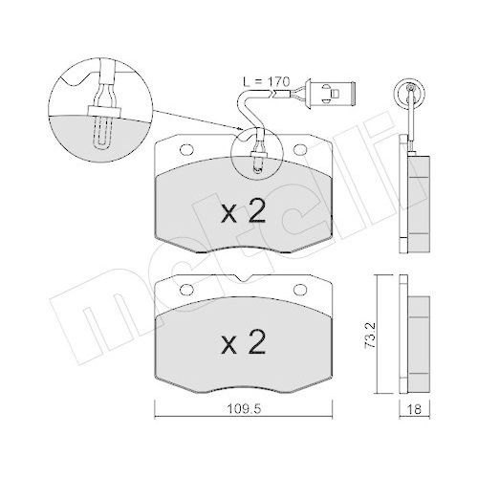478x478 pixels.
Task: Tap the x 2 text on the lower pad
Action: [x=243, y=339]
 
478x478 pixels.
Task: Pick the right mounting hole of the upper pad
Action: [x=302, y=150]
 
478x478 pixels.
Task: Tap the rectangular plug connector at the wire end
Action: [x=335, y=94]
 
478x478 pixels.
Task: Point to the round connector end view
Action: [x=412, y=93]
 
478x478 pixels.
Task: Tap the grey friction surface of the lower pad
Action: [x=191, y=354]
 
